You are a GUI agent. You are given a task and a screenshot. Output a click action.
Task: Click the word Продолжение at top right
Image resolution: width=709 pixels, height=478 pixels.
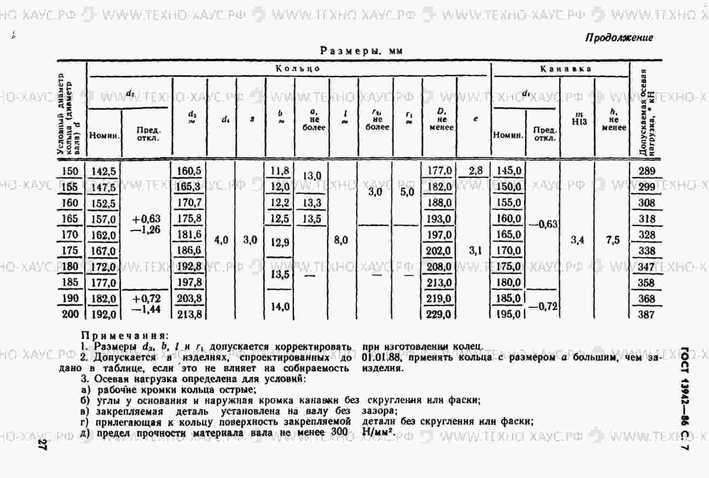[x=619, y=38]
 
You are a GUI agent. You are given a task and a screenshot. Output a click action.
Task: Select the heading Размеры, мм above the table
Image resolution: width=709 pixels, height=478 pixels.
[x=362, y=51]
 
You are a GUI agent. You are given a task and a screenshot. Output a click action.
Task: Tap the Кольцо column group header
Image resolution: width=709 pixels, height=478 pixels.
[x=298, y=68]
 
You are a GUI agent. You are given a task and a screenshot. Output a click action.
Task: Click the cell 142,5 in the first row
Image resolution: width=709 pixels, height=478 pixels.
[x=103, y=171]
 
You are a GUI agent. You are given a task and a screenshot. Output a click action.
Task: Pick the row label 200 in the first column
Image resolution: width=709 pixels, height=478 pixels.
[x=70, y=314]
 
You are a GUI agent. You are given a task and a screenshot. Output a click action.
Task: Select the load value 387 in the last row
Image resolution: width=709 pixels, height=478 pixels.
[x=646, y=314]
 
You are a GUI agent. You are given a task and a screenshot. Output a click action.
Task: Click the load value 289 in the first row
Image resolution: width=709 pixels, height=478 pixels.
[x=646, y=171]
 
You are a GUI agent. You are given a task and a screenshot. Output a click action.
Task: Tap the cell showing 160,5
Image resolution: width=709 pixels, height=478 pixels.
[x=189, y=171]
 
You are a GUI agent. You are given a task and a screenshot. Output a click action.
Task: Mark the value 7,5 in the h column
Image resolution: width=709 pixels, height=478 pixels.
[x=613, y=240]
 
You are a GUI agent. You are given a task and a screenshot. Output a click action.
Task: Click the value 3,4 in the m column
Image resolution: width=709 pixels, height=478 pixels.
[x=577, y=240]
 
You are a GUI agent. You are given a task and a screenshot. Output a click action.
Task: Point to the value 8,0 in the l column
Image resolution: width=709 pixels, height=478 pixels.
[x=341, y=240]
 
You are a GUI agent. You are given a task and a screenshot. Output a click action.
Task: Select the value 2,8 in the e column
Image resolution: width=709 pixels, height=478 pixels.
[x=475, y=171]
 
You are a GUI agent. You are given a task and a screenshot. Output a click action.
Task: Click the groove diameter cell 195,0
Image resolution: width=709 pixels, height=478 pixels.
[x=508, y=314]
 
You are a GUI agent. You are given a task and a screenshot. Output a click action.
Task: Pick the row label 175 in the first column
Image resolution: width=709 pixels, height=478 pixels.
[x=69, y=251]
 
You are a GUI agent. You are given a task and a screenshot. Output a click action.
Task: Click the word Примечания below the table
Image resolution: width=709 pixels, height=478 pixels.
[x=124, y=336]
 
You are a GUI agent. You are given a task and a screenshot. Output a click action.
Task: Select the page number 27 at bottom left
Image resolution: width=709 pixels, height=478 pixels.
[x=42, y=445]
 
